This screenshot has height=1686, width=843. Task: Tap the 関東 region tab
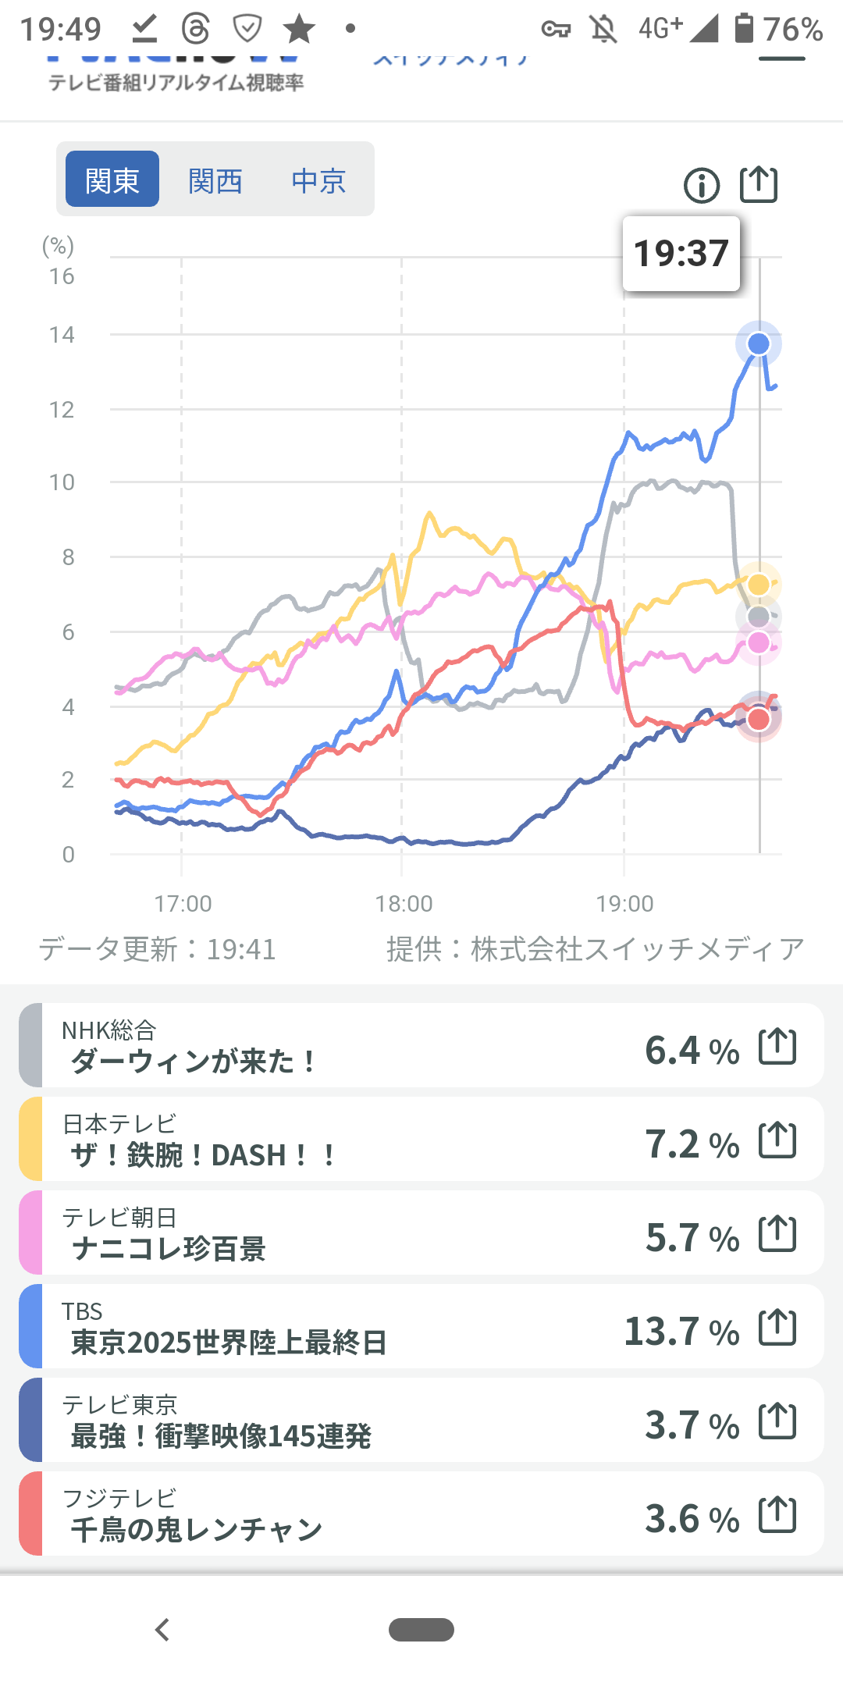(112, 180)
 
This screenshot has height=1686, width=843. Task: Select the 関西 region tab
(215, 180)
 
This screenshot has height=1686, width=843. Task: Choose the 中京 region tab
(318, 180)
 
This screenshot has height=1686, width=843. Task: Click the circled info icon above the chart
(702, 186)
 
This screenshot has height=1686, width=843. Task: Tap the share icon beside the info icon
(759, 185)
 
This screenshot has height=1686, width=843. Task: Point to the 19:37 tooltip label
(681, 254)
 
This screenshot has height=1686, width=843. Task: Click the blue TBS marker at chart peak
(759, 343)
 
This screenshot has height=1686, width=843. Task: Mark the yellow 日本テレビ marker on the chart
(759, 584)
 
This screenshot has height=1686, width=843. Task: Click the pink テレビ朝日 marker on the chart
(759, 643)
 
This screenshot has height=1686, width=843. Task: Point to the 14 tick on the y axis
(62, 335)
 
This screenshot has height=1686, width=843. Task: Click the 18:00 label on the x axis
(404, 903)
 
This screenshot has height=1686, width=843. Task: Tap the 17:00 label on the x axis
(183, 903)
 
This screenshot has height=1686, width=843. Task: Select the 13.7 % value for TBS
(681, 1331)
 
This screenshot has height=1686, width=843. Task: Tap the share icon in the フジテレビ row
(778, 1514)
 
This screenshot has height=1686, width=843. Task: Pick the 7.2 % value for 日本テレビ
(692, 1144)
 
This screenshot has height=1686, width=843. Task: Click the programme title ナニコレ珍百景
(169, 1249)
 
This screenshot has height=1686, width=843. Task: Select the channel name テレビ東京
(119, 1404)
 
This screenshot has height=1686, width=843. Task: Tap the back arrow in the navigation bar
(162, 1630)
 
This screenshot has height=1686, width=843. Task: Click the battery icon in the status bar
(744, 28)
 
